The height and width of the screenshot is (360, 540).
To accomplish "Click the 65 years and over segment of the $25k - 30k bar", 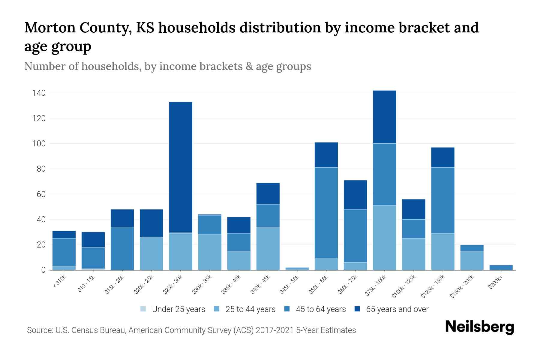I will [x=181, y=167].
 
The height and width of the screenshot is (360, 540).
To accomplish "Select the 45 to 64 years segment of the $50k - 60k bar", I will [x=326, y=213].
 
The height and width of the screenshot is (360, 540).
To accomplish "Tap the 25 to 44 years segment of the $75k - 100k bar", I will [x=384, y=238].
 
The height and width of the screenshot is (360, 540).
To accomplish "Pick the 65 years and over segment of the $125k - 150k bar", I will [x=442, y=157].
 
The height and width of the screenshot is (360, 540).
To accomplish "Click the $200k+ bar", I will [x=501, y=267].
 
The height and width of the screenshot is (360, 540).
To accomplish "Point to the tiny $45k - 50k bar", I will [x=297, y=268].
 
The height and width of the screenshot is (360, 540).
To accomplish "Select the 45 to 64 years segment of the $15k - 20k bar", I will [x=122, y=248].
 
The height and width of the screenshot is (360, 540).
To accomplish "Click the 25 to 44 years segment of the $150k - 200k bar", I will [x=472, y=260].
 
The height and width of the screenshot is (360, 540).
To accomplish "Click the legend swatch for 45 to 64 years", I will [x=287, y=309].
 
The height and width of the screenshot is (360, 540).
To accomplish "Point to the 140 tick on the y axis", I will [x=39, y=93].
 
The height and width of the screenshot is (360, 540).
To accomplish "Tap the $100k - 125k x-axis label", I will [x=404, y=286].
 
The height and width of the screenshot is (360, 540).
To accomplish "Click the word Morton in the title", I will [x=49, y=28].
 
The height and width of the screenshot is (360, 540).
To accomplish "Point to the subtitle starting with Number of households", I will [x=168, y=66].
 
